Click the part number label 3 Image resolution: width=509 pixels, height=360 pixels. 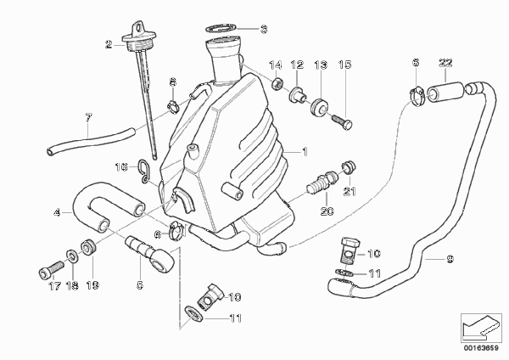tap(264, 29)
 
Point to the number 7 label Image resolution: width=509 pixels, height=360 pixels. tap(89, 118)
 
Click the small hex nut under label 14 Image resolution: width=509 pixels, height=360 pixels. tap(276, 85)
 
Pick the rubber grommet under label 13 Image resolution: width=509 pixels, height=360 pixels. tap(320, 106)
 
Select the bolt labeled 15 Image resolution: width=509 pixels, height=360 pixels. tap(343, 123)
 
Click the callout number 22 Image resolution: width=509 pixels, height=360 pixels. tap(445, 62)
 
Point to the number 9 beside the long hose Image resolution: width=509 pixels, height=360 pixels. tap(450, 259)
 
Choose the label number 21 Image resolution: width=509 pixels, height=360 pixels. tap(350, 191)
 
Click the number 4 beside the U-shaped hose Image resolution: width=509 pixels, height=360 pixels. tap(57, 213)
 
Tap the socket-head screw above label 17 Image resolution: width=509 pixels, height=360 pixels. tap(50, 268)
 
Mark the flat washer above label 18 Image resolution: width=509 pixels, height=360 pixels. tap(72, 256)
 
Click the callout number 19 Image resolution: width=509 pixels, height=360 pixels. tap(92, 285)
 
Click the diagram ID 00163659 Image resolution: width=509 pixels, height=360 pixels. tap(481, 348)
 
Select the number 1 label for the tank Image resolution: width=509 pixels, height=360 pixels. tap(305, 152)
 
